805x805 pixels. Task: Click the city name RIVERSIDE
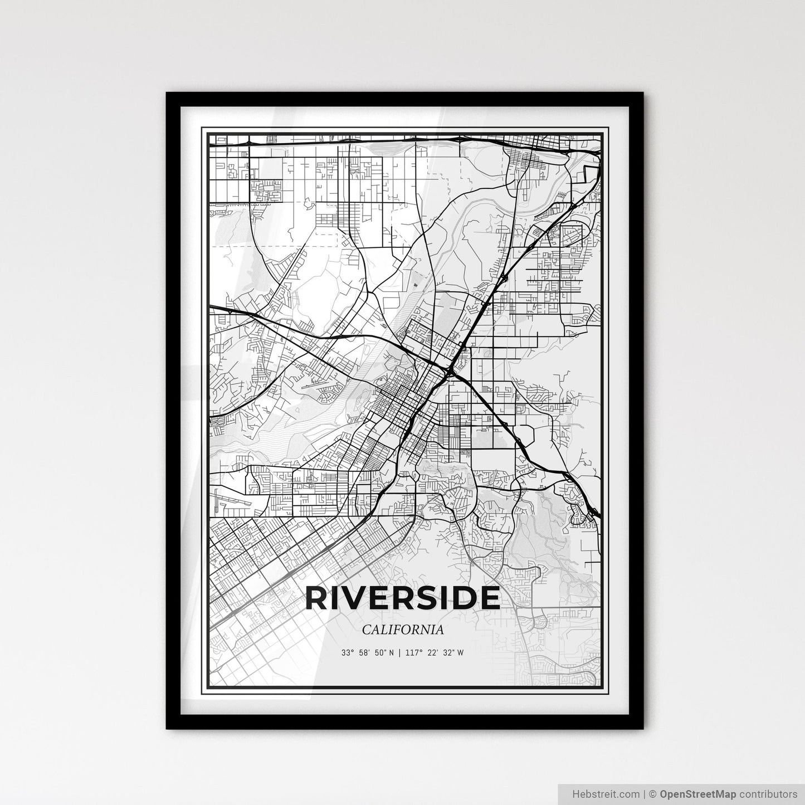click(402, 598)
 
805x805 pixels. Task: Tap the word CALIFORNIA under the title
click(402, 630)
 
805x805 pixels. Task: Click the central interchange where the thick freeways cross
click(449, 371)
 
